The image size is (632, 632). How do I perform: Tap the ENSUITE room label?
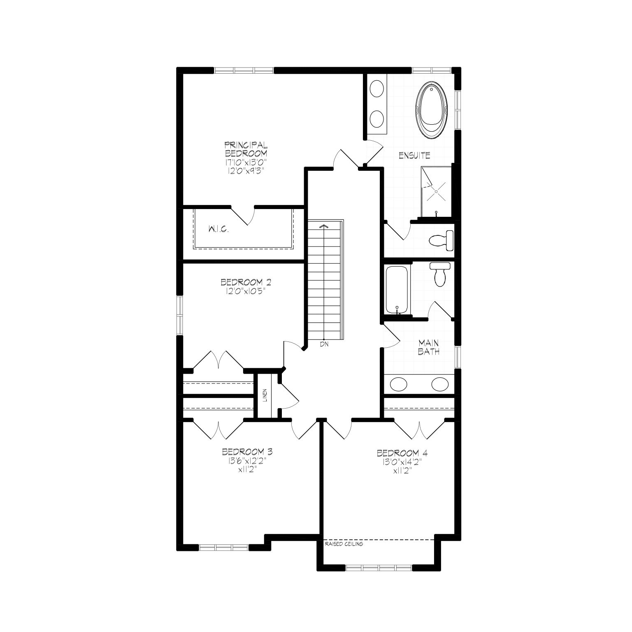click(414, 156)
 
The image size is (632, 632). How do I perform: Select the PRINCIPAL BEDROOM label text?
click(246, 149)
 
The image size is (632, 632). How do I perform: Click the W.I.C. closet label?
click(218, 230)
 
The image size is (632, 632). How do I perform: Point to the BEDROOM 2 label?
click(246, 283)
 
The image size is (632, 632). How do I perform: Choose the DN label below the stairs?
click(324, 345)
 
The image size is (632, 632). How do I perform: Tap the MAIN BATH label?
click(429, 347)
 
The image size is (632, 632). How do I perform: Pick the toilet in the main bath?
click(439, 274)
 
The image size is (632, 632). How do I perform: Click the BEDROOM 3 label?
click(247, 451)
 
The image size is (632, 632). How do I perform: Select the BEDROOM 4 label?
click(402, 453)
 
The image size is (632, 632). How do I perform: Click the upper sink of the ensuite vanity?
click(377, 89)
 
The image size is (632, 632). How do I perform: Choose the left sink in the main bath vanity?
click(398, 384)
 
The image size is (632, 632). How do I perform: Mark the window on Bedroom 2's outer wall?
click(179, 315)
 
